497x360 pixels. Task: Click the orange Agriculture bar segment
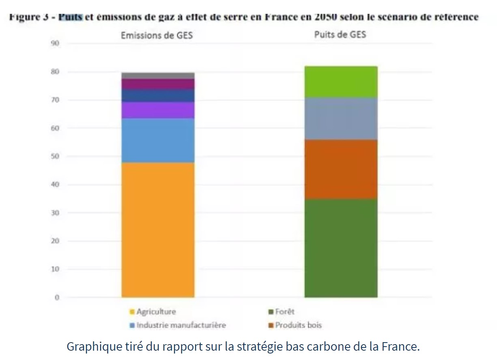coord(158,229)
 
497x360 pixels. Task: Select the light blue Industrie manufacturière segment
coord(158,140)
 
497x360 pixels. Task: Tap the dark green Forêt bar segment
coord(341,248)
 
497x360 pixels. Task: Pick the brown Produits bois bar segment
coord(341,169)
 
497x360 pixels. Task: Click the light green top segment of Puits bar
coord(341,82)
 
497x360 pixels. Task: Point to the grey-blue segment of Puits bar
coord(341,119)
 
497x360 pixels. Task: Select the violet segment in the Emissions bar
coord(158,110)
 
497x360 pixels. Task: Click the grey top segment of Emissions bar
coord(158,75)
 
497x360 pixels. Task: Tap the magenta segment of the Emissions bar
coord(158,84)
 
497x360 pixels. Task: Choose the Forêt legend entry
coord(284,312)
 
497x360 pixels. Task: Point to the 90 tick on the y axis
coord(55,43)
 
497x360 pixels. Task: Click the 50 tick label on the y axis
coord(55,156)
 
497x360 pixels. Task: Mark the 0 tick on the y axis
coord(57,297)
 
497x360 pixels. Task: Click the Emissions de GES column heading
coord(157,36)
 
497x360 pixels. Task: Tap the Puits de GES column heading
coord(340,34)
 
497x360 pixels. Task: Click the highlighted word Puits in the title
coord(71,17)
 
